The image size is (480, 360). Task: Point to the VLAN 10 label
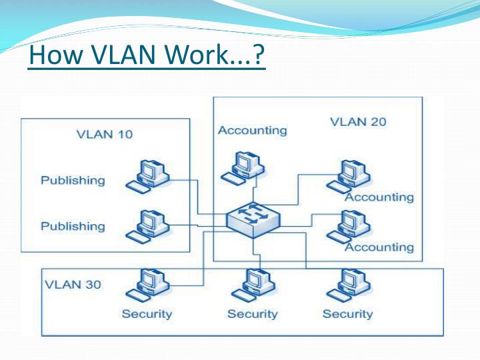tap(105, 134)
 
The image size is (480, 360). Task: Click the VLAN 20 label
tap(358, 121)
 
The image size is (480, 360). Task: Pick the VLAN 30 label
tap(73, 285)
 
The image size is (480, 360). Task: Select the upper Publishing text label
tap(73, 180)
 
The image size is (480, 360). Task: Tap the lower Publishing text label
tap(73, 226)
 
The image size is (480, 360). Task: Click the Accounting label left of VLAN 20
tap(252, 131)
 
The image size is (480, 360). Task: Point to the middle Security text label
tap(253, 313)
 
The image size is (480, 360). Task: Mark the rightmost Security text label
tap(347, 313)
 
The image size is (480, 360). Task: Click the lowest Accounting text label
tap(379, 247)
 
